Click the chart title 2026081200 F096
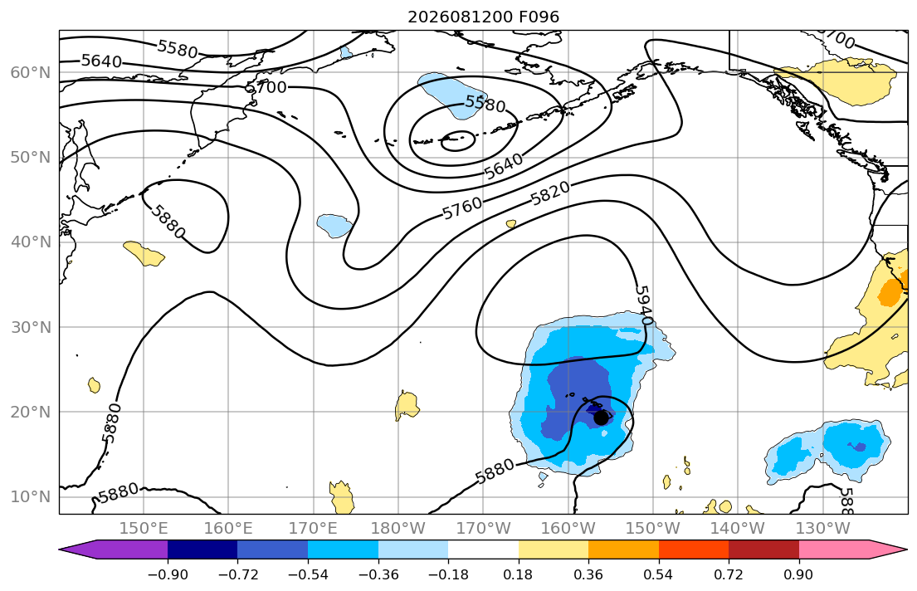tap(483, 17)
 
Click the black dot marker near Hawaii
tap(601, 418)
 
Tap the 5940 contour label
tap(643, 305)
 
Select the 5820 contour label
tap(549, 193)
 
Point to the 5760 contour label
tap(462, 208)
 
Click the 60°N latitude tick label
tap(31, 72)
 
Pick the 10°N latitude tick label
tap(31, 497)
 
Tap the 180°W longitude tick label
tap(398, 529)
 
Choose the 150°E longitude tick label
tap(144, 529)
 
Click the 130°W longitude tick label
tap(823, 529)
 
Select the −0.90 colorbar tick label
tap(168, 574)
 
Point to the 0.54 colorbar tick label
tap(659, 574)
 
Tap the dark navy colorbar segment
tap(202, 549)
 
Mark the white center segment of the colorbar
tap(483, 549)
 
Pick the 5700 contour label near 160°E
tap(266, 88)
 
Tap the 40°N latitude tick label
tap(31, 242)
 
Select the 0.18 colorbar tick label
tap(518, 574)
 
